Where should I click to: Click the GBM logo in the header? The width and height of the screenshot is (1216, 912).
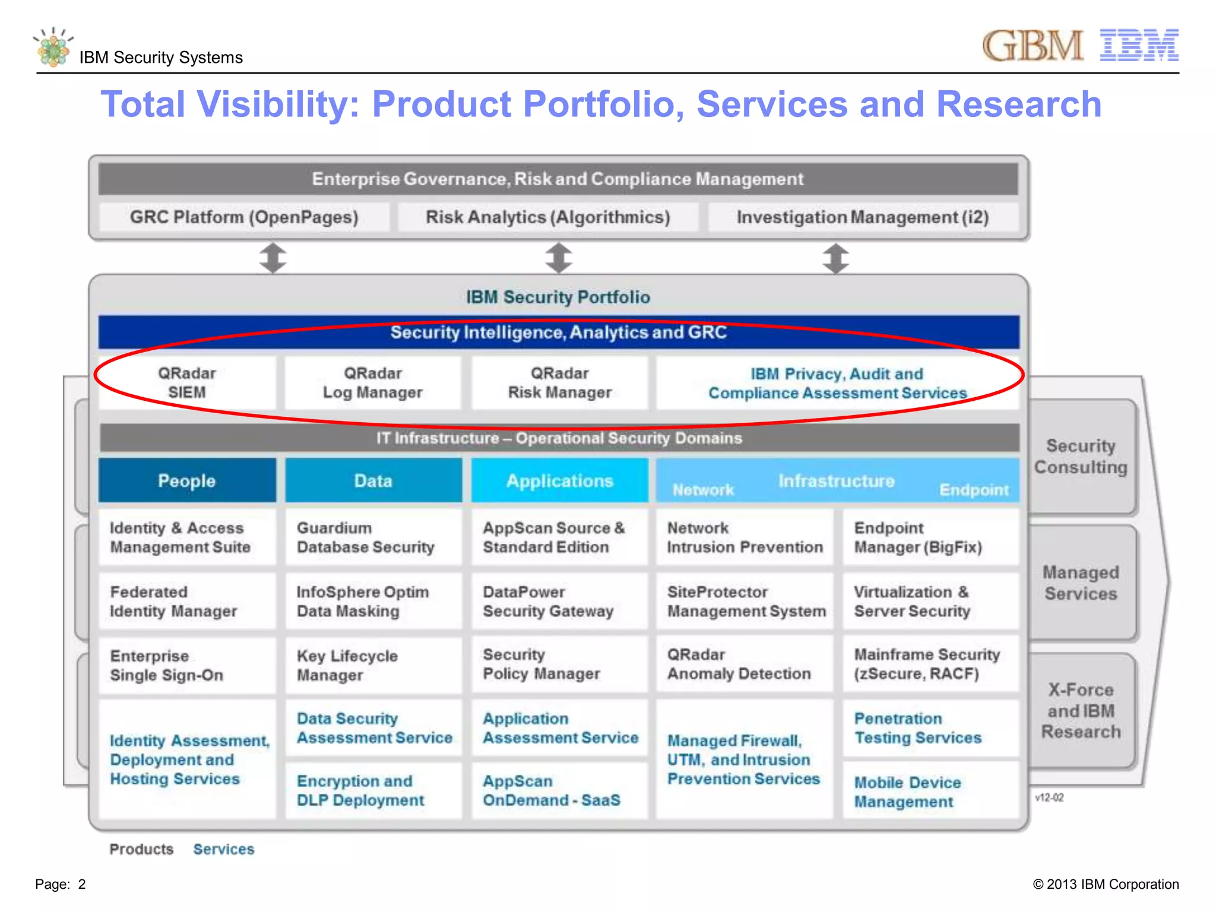click(x=1033, y=46)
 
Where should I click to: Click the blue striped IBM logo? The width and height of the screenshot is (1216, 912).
click(x=1139, y=45)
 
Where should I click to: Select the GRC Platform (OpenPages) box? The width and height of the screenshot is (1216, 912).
click(x=244, y=217)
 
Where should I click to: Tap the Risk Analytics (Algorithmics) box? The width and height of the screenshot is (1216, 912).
click(x=547, y=217)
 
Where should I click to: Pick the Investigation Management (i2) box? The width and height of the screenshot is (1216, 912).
click(x=862, y=217)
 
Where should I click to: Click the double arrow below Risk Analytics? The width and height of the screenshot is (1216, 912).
click(x=559, y=258)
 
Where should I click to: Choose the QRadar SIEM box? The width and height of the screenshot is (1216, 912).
click(x=187, y=383)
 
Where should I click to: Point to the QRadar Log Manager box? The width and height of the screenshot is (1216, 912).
click(x=373, y=383)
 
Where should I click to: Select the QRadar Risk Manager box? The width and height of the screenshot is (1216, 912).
click(x=559, y=383)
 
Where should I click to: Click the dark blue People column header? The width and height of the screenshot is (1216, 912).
click(x=187, y=480)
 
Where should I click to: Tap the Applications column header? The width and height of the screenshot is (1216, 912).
click(x=559, y=480)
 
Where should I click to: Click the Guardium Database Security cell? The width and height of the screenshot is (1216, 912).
click(x=373, y=537)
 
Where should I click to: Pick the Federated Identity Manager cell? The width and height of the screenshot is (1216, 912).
click(x=187, y=601)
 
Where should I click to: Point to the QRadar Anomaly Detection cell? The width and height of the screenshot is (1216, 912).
click(x=745, y=664)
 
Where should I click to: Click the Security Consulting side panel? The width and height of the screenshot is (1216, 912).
click(x=1081, y=457)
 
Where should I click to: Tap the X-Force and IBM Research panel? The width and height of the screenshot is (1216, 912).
click(x=1081, y=711)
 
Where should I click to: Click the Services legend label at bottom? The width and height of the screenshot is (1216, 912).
click(x=224, y=849)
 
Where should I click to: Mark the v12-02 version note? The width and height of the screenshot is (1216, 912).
click(x=1049, y=797)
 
